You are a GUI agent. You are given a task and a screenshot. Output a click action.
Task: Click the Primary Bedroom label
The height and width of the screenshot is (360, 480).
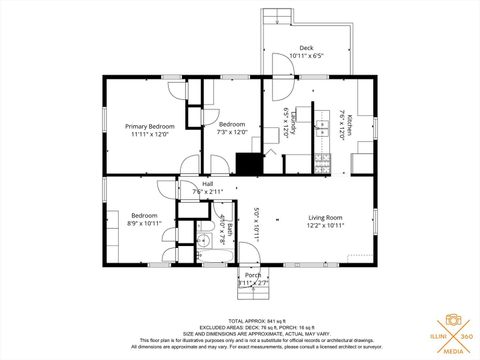click(x=150, y=126)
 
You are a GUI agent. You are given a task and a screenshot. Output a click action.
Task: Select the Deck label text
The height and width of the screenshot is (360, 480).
click(x=307, y=48)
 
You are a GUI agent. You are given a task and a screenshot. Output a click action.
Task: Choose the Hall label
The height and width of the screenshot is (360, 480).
click(x=208, y=184)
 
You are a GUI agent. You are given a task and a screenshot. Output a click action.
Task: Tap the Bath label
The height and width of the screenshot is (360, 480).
click(x=230, y=230)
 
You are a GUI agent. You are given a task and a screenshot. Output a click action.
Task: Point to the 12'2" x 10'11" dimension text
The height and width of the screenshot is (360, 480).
click(x=326, y=226)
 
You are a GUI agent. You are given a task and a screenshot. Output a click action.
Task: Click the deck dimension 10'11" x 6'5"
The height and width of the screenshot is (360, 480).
click(x=307, y=56)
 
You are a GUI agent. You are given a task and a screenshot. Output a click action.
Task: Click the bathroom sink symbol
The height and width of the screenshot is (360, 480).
click(x=200, y=241)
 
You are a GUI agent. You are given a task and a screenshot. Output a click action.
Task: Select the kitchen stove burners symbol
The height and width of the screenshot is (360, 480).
click(x=323, y=159)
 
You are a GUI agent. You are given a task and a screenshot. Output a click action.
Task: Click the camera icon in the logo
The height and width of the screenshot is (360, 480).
click(x=452, y=320)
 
